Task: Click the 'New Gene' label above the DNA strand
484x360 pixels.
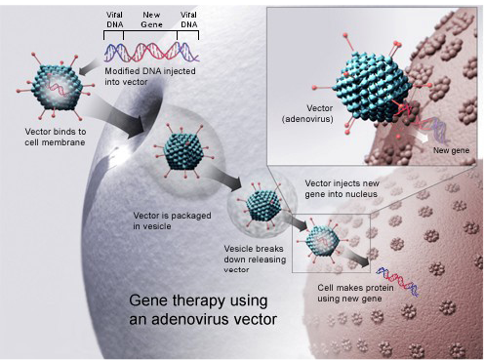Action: coord(152,20)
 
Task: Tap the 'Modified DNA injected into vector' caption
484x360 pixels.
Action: coord(150,76)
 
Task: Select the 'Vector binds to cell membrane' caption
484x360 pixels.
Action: coord(56,137)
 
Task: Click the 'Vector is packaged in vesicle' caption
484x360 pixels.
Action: coord(172,220)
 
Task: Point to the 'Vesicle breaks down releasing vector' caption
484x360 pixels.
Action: coord(255,260)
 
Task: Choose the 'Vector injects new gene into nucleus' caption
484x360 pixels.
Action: coord(342,188)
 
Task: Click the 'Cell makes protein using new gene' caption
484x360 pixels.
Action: coord(355,294)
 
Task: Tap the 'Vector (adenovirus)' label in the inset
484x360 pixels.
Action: coord(307,113)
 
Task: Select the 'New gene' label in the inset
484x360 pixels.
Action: coord(451,150)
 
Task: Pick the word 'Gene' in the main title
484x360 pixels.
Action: coord(148,300)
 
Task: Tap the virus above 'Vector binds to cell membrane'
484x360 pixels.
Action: coord(56,86)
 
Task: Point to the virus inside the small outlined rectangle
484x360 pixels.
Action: coord(322,241)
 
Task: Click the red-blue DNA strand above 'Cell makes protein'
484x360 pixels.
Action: coord(397,282)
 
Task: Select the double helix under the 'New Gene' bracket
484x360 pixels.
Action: coord(150,52)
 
